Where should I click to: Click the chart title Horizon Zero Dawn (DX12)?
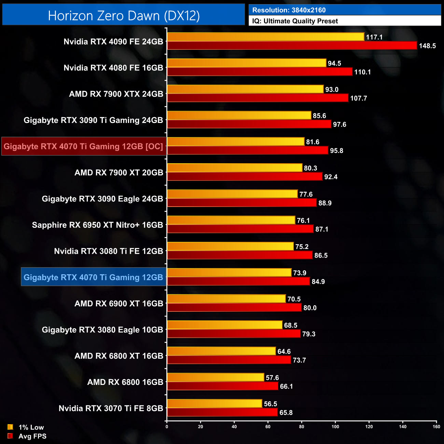pos(124,16)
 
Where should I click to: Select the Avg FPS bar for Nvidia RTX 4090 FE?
pos(292,45)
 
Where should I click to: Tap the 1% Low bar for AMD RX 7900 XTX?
pos(245,89)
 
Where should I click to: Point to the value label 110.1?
pos(362,72)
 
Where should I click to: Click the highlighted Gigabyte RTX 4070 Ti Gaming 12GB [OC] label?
pos(84,147)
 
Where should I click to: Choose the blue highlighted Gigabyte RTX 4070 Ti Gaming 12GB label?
pos(93,277)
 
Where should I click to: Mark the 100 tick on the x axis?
pos(335,427)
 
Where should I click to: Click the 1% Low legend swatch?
pos(10,427)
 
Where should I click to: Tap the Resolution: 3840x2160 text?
pos(289,10)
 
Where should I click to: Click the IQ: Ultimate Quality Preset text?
pos(295,21)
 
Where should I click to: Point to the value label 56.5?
pos(270,404)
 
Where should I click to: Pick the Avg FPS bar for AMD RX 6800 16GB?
pos(223,386)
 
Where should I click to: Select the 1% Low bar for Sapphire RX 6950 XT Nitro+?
pos(231,220)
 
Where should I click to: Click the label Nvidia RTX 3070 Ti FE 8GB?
pos(111,408)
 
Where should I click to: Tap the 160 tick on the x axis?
pos(436,427)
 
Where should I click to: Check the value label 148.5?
pos(427,46)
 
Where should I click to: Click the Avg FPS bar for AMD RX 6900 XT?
pos(234,308)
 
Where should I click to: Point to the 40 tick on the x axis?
pos(234,427)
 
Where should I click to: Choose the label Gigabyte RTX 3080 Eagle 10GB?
pos(102,330)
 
